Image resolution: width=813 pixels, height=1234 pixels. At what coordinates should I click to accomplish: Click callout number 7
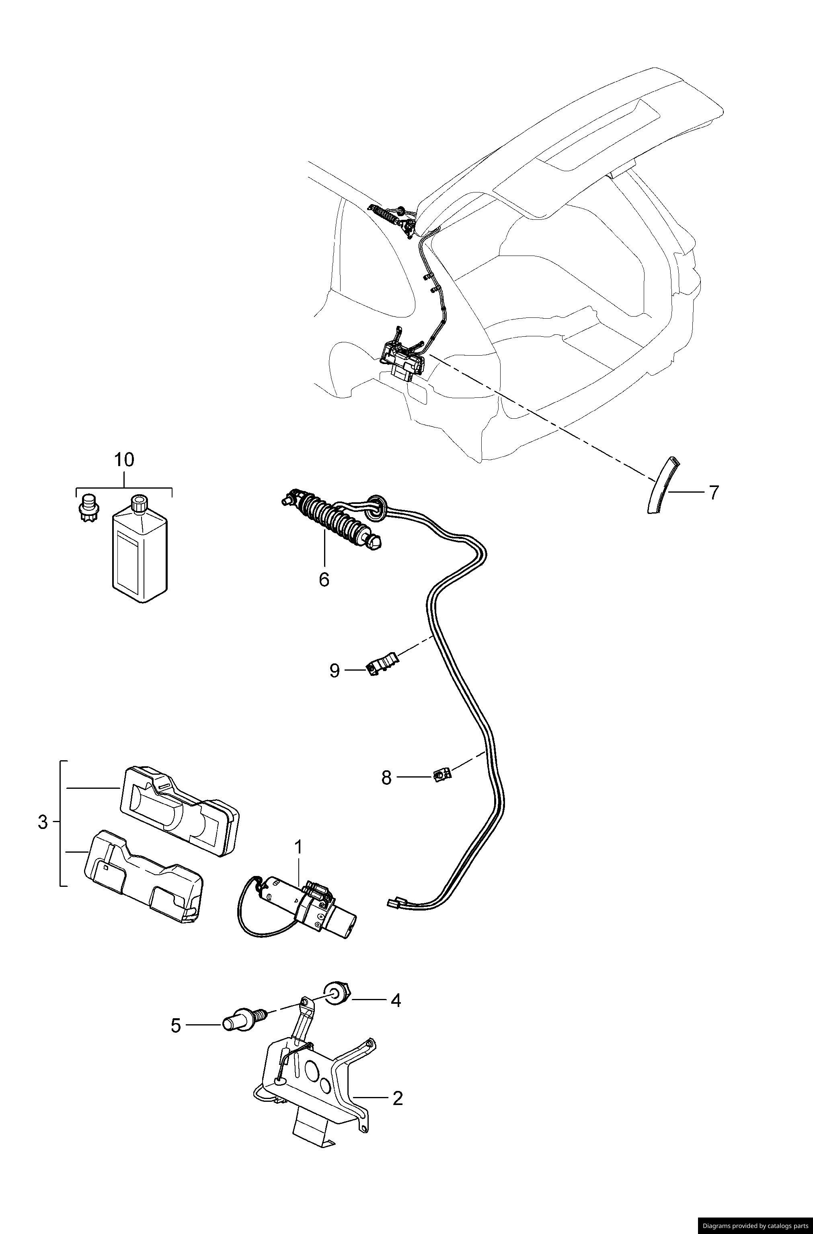(x=714, y=493)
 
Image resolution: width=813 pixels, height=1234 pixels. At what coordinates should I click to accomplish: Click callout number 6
(x=324, y=579)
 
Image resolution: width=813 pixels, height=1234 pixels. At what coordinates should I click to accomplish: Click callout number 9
(x=335, y=671)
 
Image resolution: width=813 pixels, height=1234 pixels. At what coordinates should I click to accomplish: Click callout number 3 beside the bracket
(x=43, y=822)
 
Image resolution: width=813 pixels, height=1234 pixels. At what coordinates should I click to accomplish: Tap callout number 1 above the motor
(x=298, y=847)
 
